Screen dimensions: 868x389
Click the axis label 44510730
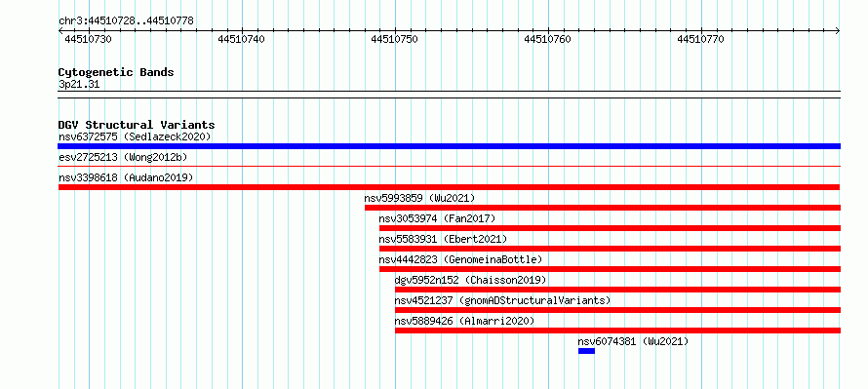click(88, 39)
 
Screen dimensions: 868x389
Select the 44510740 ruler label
click(241, 39)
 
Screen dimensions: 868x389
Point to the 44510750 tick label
click(394, 39)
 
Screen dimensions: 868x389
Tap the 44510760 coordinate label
click(547, 39)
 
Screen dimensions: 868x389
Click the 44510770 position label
click(700, 39)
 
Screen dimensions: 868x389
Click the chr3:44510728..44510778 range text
click(126, 21)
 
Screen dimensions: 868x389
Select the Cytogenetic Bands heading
click(116, 72)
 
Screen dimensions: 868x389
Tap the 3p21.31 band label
click(79, 84)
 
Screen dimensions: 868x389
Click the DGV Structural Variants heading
click(137, 125)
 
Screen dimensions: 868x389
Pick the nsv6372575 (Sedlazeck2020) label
click(135, 136)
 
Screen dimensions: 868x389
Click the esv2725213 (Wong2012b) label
click(123, 157)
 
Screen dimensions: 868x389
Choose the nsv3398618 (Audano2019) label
click(126, 177)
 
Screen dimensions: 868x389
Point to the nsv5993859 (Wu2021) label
click(419, 198)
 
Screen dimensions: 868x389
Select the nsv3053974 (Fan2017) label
click(437, 218)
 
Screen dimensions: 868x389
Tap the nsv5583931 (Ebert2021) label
click(443, 239)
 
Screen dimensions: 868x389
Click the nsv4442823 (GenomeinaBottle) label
click(460, 259)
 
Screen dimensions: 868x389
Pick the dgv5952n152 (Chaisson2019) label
click(470, 280)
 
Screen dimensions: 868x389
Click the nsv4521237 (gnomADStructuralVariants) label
click(502, 300)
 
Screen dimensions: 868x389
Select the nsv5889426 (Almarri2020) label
click(465, 321)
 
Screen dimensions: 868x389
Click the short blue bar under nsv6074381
click(586, 351)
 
